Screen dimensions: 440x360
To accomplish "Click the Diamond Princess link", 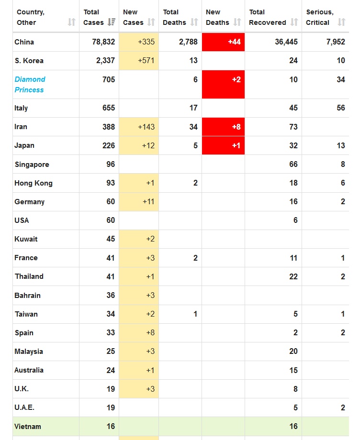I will (x=30, y=84).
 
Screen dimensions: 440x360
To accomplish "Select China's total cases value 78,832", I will (x=103, y=42).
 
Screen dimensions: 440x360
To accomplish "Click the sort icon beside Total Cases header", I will (x=112, y=22).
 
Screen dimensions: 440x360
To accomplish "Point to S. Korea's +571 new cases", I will (x=146, y=61).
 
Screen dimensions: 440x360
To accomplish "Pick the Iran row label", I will (x=21, y=127).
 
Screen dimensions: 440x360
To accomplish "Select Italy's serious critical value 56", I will (x=340, y=108).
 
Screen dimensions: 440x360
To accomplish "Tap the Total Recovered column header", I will (x=267, y=17).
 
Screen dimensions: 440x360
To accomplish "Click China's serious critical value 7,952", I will (x=336, y=42).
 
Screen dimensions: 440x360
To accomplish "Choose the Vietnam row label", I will (x=28, y=427).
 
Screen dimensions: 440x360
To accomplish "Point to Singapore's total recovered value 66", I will (x=293, y=165).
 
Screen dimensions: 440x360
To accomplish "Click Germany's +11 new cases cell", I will (x=148, y=202).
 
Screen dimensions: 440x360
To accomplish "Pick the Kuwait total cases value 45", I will (x=111, y=239).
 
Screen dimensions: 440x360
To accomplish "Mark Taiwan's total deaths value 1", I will (x=195, y=314).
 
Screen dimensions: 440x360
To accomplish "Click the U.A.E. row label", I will (x=24, y=408).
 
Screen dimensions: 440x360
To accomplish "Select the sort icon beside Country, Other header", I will (x=71, y=22).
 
